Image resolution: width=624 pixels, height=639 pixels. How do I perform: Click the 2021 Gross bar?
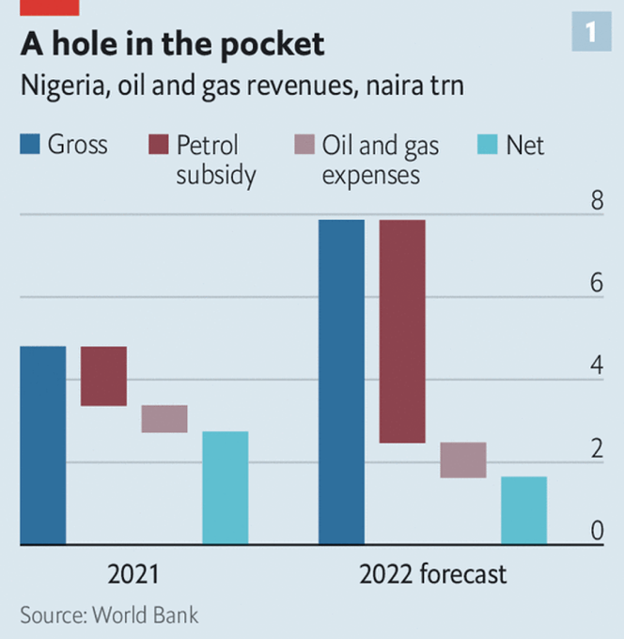43,445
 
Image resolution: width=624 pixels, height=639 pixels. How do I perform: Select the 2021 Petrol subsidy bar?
103,376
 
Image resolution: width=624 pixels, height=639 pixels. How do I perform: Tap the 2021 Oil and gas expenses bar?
164,419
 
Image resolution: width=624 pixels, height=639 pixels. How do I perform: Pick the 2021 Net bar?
226,488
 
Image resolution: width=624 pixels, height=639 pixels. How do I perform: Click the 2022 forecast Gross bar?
341,382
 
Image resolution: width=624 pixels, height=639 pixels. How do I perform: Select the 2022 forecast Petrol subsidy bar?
402,331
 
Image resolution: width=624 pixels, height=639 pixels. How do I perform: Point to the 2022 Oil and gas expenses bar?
463,460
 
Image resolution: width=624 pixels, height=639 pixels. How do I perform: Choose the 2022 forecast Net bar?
523,510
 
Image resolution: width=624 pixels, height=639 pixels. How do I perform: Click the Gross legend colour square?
31,146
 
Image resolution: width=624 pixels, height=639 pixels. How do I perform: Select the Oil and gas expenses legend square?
304,146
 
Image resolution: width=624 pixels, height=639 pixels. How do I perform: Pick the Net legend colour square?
488,146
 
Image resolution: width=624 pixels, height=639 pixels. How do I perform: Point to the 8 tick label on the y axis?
596,201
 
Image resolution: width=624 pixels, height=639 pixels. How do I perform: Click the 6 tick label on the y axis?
596,284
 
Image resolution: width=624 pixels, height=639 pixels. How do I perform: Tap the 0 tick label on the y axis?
596,532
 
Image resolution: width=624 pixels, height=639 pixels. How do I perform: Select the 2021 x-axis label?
133,573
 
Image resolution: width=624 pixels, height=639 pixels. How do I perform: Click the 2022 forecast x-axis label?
432,573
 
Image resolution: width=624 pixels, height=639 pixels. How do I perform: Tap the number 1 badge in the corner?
591,33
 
